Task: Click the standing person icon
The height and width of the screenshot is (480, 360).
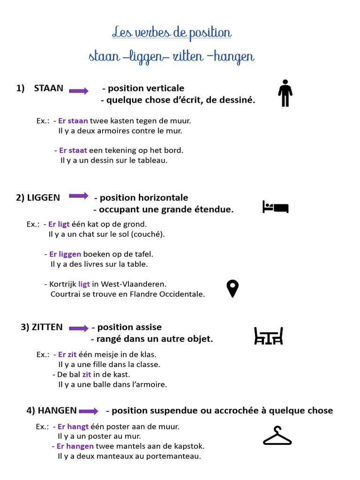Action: pos(285,93)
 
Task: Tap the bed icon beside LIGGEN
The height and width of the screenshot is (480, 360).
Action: pos(276,207)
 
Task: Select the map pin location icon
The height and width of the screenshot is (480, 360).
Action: pos(232,288)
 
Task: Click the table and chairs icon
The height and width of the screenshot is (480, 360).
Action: pos(268,336)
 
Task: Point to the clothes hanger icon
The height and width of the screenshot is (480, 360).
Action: pos(277,436)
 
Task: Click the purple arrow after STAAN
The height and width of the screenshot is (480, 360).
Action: pos(79,91)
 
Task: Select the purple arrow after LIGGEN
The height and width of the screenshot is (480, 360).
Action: pos(79,196)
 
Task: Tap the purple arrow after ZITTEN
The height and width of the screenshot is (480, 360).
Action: pos(79,328)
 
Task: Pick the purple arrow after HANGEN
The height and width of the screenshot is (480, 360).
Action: pos(89,411)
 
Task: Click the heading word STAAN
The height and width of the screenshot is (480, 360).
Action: pos(48,88)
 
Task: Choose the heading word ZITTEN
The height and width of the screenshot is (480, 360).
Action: pos(47,327)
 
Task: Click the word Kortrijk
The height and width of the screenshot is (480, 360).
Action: pos(63,284)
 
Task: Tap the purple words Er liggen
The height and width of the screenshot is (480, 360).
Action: pos(65,254)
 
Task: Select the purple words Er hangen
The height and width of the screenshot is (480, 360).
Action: pos(75,446)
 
